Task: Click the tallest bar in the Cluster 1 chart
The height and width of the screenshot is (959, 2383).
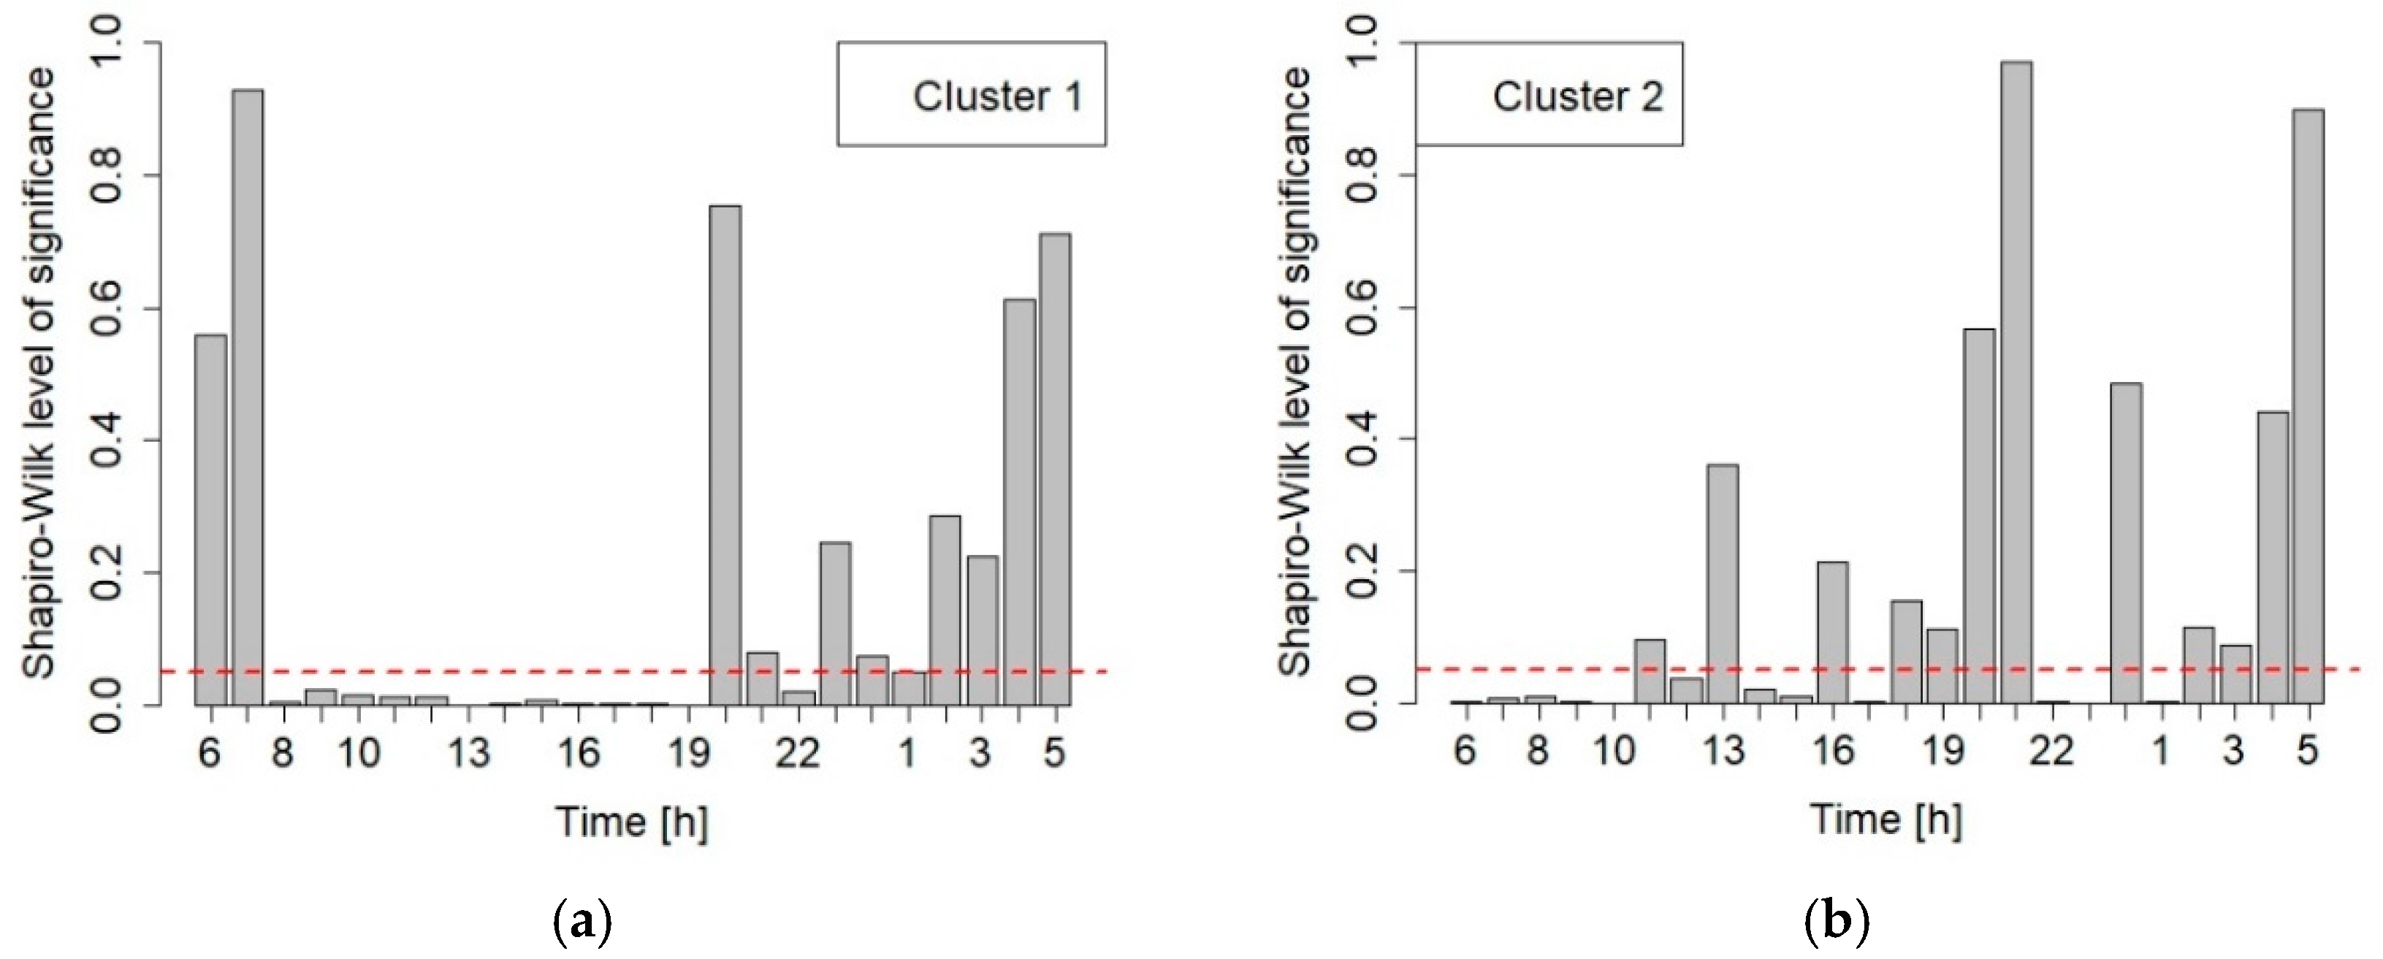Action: point(247,397)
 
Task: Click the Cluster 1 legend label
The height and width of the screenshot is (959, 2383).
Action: point(997,96)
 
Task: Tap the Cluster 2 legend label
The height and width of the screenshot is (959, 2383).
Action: point(1577,96)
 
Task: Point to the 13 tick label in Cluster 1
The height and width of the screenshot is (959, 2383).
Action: point(468,753)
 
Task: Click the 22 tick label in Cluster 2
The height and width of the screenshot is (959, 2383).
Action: point(2052,751)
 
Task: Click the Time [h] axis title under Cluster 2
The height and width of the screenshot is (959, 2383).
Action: point(1886,820)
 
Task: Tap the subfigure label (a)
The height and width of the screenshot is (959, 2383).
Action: point(583,923)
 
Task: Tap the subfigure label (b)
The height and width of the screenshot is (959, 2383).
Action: point(1837,923)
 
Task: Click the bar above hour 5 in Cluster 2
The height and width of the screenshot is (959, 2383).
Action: point(2308,406)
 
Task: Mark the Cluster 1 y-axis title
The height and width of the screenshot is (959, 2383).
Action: point(39,372)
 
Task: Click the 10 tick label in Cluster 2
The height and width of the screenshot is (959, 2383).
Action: point(1613,751)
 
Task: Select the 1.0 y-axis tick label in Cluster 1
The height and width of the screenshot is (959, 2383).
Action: point(108,44)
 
